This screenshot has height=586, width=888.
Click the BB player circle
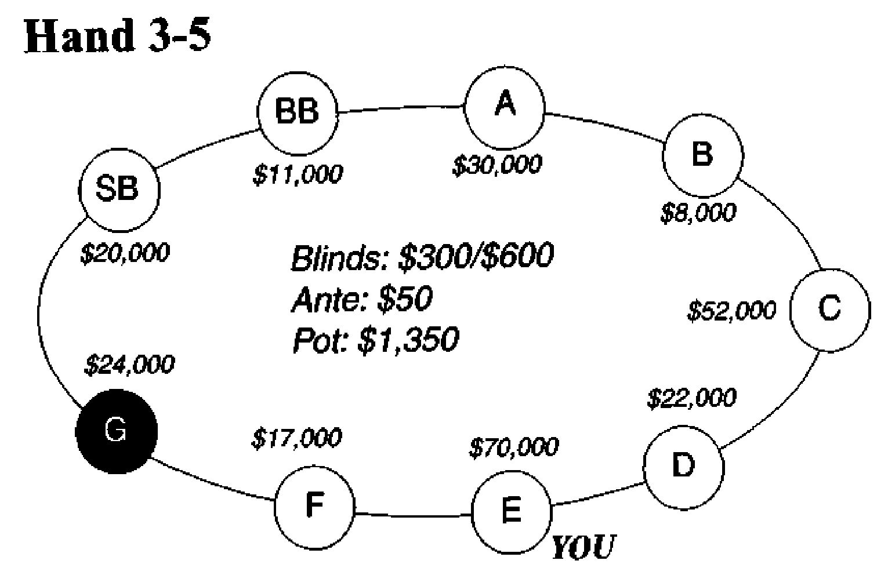point(298,112)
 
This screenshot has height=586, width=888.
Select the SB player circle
point(118,188)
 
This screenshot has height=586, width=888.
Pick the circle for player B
point(702,155)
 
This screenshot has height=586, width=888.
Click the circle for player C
point(829,310)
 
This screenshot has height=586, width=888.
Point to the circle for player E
point(511,511)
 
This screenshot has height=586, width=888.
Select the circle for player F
point(314,505)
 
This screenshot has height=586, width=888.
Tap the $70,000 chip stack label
point(514,446)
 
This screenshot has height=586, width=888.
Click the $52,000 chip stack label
point(731,311)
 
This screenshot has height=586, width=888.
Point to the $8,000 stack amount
point(698,213)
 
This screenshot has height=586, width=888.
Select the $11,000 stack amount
point(298,174)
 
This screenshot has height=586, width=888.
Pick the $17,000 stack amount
point(296,438)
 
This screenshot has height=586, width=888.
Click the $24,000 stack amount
point(129,365)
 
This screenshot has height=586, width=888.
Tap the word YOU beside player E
point(582,547)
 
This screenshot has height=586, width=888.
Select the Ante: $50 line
point(362,300)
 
